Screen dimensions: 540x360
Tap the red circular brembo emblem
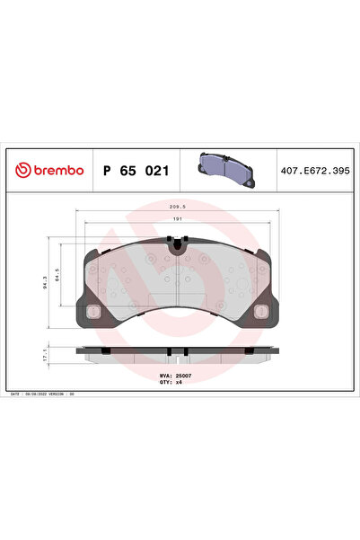pyautogui.click(x=18, y=170)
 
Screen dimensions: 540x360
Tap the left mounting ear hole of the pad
pyautogui.click(x=93, y=312)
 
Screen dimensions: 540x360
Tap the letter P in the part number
pyautogui.click(x=109, y=170)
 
